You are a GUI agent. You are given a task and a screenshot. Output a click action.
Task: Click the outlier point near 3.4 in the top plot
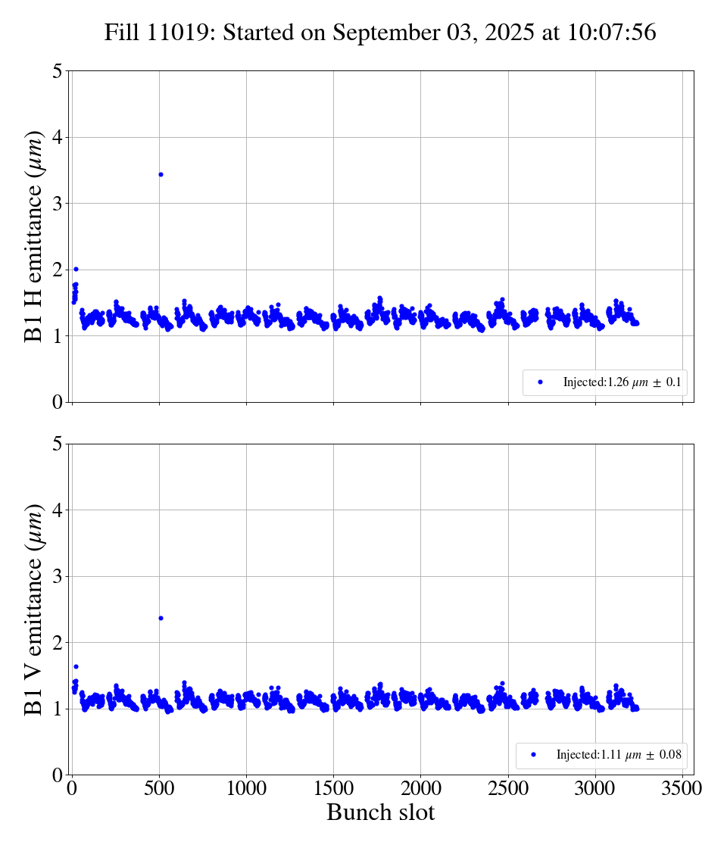(x=161, y=174)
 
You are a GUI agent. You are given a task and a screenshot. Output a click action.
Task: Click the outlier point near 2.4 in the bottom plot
(x=161, y=618)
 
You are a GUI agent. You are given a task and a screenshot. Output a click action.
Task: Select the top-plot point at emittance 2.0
(x=76, y=269)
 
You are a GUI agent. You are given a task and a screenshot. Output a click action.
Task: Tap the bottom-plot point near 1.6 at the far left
(x=76, y=666)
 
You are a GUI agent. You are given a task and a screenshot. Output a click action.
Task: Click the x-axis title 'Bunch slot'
(x=381, y=813)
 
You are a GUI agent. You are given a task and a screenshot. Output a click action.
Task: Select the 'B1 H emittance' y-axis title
(x=35, y=236)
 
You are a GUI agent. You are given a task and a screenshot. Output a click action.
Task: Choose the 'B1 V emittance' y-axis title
(x=35, y=609)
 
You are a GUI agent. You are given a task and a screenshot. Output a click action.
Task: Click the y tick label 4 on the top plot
(x=58, y=137)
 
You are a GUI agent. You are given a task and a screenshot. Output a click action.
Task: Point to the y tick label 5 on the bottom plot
(x=58, y=444)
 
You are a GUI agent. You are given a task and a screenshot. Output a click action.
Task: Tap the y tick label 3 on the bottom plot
(x=58, y=576)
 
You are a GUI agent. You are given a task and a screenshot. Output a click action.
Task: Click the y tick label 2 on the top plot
(x=58, y=270)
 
